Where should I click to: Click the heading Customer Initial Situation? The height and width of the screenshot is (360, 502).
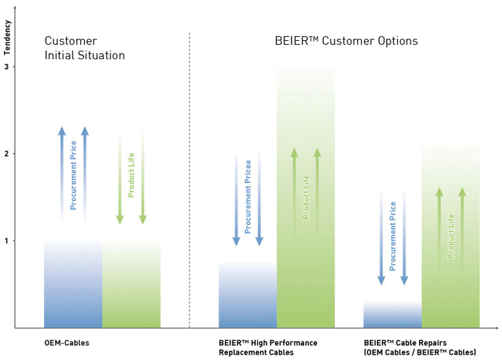coord(85,48)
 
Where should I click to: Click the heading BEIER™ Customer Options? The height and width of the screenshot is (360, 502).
coord(346,42)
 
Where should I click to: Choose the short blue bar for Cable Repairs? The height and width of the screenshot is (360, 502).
coord(392,315)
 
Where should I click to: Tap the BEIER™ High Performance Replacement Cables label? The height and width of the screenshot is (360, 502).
coord(267,348)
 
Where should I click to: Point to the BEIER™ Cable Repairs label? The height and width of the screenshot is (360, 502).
coord(420,348)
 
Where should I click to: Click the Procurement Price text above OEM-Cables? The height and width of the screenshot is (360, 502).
coord(73,176)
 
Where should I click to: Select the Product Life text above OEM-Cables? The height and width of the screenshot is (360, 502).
coord(131,176)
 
